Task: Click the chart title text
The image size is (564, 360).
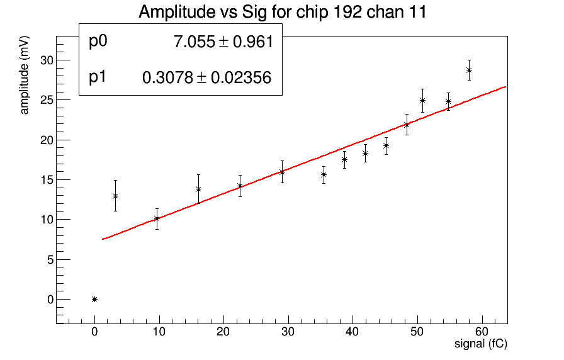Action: tap(283, 12)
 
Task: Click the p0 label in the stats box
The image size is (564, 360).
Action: tap(99, 42)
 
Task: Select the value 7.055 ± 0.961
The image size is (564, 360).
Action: tap(223, 42)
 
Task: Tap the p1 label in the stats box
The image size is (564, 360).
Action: tap(98, 77)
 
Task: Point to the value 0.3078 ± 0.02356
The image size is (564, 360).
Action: tap(207, 77)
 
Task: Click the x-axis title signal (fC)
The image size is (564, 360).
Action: tap(481, 344)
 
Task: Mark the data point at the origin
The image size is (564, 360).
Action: tap(94, 299)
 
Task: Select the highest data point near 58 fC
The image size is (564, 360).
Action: tap(469, 70)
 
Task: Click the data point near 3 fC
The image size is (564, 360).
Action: tap(115, 196)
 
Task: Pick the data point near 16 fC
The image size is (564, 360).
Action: tap(198, 189)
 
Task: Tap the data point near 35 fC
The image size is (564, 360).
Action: tap(324, 174)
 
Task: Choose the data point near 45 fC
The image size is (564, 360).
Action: tap(386, 145)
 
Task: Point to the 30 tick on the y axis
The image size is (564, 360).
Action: tap(48, 60)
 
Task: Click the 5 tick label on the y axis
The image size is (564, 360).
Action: tap(50, 259)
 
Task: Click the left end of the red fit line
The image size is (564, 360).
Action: tap(103, 239)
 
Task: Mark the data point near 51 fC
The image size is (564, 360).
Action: tap(422, 100)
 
